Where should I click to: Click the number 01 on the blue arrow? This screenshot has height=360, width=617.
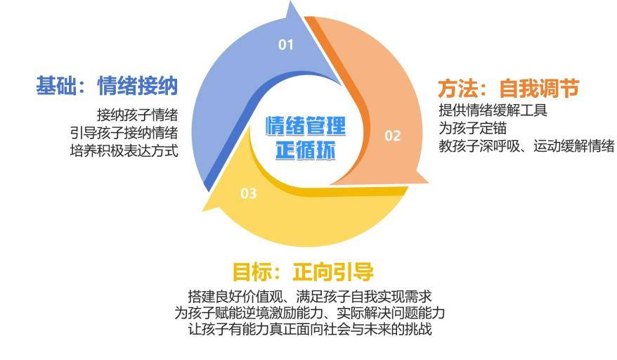click(286, 44)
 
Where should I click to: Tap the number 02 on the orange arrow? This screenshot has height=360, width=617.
click(392, 136)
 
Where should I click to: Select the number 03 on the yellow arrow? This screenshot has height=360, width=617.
click(248, 193)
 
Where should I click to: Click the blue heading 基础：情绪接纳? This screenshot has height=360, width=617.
click(107, 86)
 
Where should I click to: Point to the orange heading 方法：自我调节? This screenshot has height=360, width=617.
click(508, 88)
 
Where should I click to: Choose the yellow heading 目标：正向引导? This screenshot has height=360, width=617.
click(303, 271)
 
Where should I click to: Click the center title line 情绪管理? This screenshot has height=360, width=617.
click(306, 126)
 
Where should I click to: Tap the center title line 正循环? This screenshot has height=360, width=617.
click(306, 150)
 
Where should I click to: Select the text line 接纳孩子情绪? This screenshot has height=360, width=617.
click(138, 115)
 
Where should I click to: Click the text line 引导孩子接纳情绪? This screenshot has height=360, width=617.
click(124, 133)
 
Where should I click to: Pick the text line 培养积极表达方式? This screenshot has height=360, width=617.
click(124, 150)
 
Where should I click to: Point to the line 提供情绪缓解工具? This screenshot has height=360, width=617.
click(493, 110)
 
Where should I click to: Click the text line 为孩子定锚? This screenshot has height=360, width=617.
click(472, 128)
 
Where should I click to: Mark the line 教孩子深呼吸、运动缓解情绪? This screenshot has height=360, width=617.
click(526, 146)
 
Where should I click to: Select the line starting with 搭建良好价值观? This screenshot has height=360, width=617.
click(310, 296)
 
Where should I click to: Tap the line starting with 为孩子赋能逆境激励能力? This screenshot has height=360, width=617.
click(310, 313)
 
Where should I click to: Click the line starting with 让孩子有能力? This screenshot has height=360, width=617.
click(310, 329)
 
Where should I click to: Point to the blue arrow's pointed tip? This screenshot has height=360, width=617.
click(291, 2)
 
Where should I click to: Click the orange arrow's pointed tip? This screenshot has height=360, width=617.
click(428, 182)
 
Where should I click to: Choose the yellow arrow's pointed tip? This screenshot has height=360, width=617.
click(203, 211)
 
